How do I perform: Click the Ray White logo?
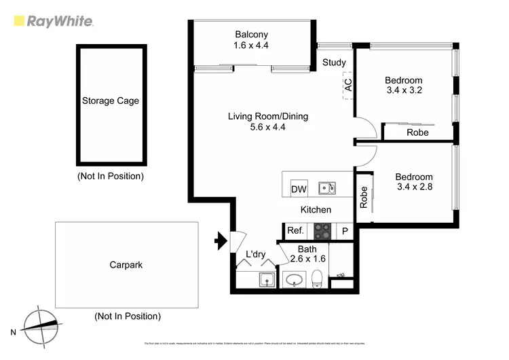(x=54, y=21)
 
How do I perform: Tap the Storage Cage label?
(x=111, y=101)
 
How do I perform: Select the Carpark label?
(x=126, y=265)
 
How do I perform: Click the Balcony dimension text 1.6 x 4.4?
(x=252, y=46)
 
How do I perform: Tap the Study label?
(x=334, y=62)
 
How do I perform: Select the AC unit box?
(x=348, y=86)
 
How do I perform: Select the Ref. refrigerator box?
(x=295, y=231)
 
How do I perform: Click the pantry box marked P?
(x=345, y=231)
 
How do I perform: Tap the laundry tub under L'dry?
(x=265, y=278)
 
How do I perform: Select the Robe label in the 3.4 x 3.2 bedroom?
(x=417, y=132)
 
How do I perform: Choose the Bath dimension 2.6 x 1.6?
(x=307, y=259)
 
